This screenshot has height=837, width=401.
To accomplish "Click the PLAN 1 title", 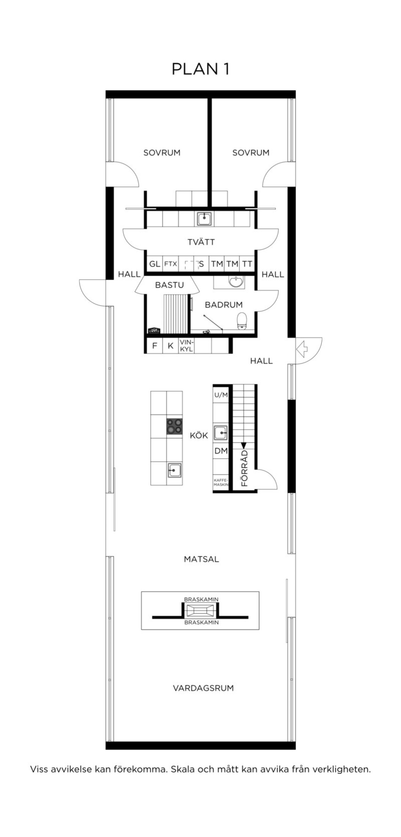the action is click(x=200, y=69).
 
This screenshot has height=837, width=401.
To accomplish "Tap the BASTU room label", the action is click(x=169, y=285).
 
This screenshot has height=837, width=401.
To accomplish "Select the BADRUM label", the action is click(x=224, y=305).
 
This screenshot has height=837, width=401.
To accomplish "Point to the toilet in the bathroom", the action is click(x=242, y=321).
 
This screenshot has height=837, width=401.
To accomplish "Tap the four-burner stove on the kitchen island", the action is click(x=175, y=426).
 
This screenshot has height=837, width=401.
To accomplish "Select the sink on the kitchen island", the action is click(x=174, y=470).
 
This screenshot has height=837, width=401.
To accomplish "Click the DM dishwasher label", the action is click(x=221, y=451).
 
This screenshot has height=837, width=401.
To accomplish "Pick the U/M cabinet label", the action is click(x=221, y=395).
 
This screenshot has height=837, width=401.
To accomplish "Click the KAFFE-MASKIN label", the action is click(x=221, y=482).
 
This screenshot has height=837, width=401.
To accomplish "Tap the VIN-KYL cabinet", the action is click(x=186, y=346).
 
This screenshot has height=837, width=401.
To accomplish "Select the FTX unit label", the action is click(x=170, y=264).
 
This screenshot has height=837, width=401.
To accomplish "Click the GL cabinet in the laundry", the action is click(x=154, y=264).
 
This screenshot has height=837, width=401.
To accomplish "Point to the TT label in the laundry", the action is click(x=247, y=264).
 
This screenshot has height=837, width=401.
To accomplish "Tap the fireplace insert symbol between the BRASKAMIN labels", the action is click(x=200, y=611).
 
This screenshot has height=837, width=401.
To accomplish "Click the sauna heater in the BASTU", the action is click(x=154, y=330).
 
